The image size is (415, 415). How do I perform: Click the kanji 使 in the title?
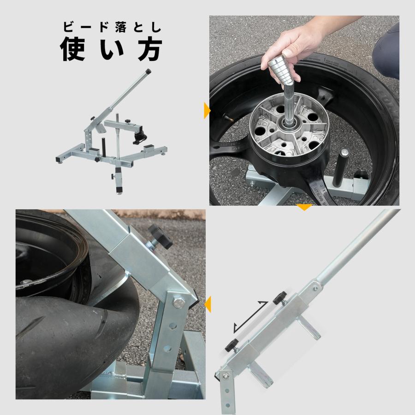(74, 49)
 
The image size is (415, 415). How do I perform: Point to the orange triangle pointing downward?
(303, 207)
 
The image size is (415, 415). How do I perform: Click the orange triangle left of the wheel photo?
(207, 111)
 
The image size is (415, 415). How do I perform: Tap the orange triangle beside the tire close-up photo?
(207, 304)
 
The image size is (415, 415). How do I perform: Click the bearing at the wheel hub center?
(289, 124)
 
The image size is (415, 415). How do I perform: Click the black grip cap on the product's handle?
(148, 72)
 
